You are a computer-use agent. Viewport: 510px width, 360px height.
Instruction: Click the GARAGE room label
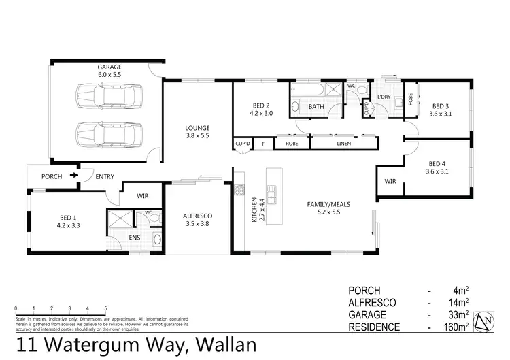[x=109, y=67]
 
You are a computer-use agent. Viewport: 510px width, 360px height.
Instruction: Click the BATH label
[x=316, y=107]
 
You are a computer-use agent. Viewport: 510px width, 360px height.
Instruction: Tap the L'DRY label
[x=384, y=97]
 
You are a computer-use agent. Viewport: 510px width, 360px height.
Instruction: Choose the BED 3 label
[x=441, y=105]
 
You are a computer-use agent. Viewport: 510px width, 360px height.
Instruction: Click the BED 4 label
[x=438, y=163]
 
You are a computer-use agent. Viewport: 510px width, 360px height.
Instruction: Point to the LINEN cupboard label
[x=344, y=144]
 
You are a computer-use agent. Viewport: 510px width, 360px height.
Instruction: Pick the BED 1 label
[x=69, y=217]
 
